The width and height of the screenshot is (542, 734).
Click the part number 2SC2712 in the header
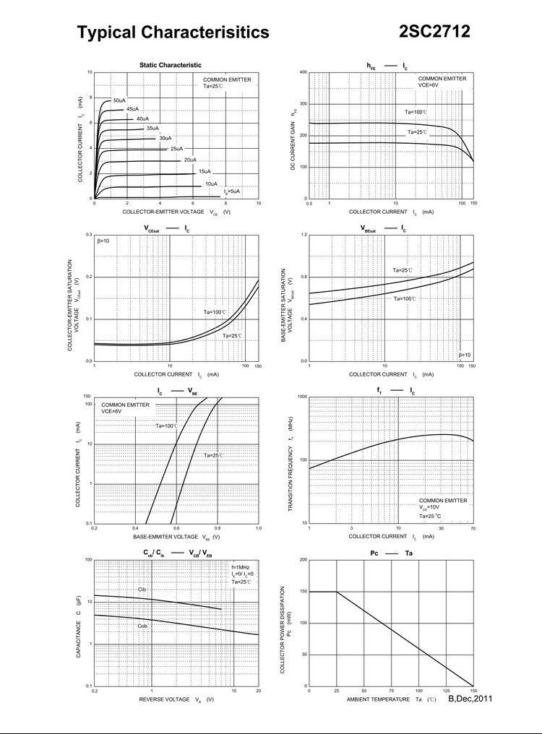(x=434, y=31)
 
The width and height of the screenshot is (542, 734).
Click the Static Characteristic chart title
(x=171, y=65)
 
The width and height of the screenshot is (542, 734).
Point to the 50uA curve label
(x=119, y=100)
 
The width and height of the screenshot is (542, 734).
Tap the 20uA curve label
(x=190, y=159)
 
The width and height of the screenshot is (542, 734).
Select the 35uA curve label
(x=152, y=128)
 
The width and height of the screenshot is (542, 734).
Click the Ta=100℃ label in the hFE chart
(x=416, y=112)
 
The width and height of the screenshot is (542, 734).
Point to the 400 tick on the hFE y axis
(x=303, y=72)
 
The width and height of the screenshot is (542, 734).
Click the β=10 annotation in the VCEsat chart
(x=103, y=241)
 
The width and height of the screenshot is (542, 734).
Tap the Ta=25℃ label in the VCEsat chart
(x=232, y=336)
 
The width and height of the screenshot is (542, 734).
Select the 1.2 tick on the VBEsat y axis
(x=304, y=235)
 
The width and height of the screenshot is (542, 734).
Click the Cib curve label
(x=142, y=590)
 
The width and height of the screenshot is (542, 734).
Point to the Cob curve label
(x=142, y=626)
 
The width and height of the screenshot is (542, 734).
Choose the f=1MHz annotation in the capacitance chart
(x=241, y=567)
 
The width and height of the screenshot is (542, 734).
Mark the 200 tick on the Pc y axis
(x=303, y=560)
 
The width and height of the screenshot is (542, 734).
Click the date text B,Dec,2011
(x=470, y=699)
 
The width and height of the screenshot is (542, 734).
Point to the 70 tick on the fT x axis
(x=473, y=529)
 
